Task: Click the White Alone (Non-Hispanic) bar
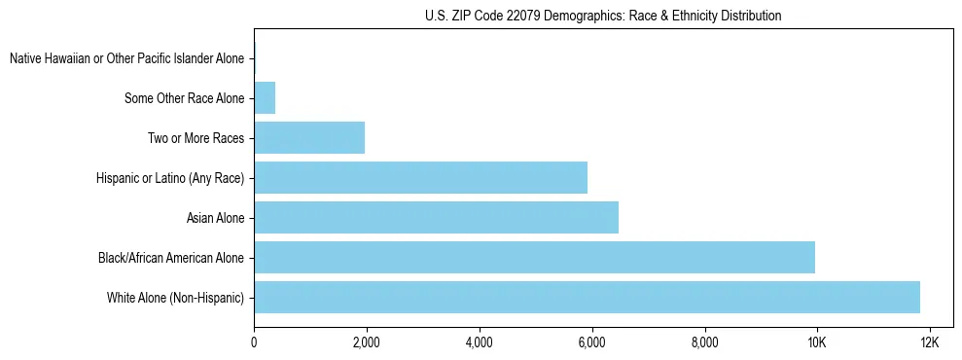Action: point(587,297)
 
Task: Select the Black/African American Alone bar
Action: point(534,257)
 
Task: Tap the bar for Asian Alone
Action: point(436,217)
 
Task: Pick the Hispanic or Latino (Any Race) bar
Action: point(420,177)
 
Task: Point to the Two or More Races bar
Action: point(309,137)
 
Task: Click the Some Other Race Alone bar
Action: point(265,97)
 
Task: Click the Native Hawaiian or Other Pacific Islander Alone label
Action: point(126,58)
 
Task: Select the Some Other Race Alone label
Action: point(184,97)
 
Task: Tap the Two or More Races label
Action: point(196,137)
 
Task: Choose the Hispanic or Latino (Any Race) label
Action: point(170,177)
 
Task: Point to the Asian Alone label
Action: point(215,217)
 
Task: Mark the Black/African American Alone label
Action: point(170,257)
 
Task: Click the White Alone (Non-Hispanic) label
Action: point(175,297)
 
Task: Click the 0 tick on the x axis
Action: point(254,342)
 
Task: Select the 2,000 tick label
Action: point(367,342)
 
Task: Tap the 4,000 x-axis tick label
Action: point(480,342)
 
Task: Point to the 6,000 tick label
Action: point(591,342)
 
